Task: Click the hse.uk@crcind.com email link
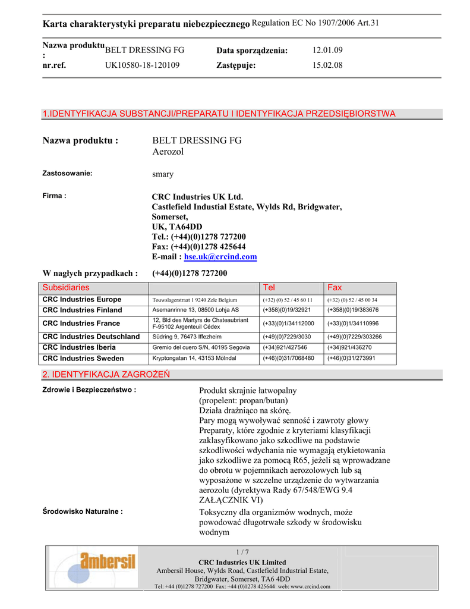220,257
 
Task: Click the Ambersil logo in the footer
92,566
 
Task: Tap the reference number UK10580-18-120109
142,65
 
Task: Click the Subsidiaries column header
66,287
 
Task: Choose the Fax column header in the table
335,287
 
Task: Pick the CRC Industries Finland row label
82,310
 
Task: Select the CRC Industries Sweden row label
83,359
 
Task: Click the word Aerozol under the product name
168,152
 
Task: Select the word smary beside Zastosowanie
163,175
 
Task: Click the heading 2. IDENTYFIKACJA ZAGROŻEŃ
106,375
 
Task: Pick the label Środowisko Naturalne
83,511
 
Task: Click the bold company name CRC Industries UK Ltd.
197,197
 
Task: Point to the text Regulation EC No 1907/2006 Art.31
316,23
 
